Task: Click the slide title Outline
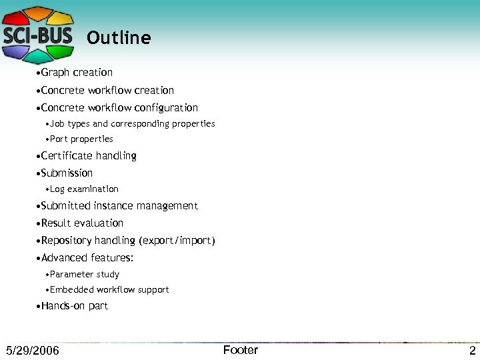point(119,38)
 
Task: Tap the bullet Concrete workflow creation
point(107,91)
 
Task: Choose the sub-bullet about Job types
point(132,124)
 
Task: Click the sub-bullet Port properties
point(81,139)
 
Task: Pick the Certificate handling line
point(89,156)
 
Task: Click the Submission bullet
point(67,173)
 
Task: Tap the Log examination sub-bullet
point(84,189)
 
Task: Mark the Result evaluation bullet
point(82,223)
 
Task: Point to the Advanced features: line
point(87,258)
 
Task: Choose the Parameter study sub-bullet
point(85,275)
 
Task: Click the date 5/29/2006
point(32,351)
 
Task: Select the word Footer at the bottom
point(240,350)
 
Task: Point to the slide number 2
point(472,351)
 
